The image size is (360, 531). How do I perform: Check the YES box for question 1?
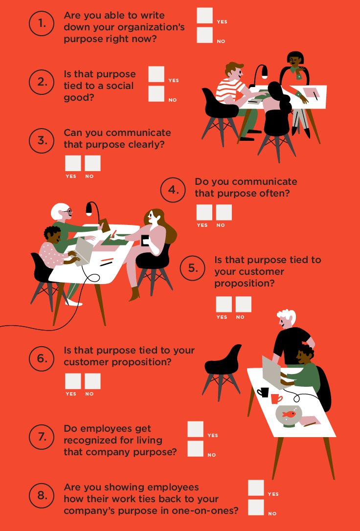(204, 16)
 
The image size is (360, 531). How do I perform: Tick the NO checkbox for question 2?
(156, 94)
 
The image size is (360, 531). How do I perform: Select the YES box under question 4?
(204, 212)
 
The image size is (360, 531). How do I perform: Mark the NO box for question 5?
(243, 304)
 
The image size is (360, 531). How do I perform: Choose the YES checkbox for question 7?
(195, 429)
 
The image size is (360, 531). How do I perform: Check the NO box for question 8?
(256, 508)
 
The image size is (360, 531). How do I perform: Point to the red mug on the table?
(276, 398)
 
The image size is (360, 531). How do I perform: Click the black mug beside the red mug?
(263, 392)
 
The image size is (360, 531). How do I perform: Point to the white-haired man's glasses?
(68, 212)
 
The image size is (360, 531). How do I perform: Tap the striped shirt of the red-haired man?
(230, 90)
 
